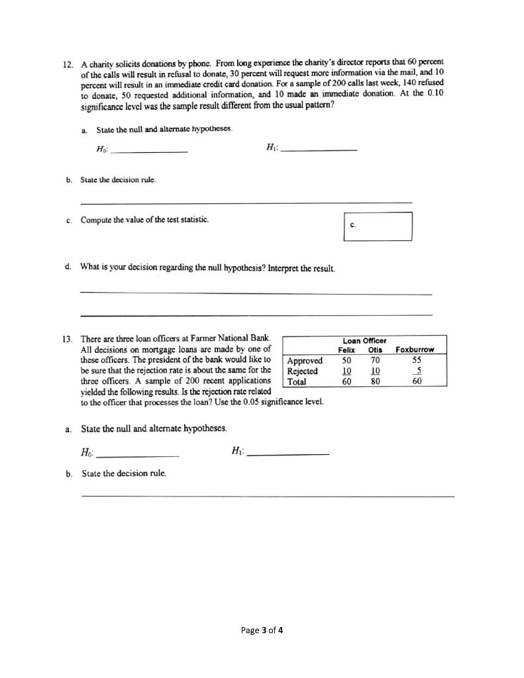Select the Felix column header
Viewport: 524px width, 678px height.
(x=346, y=350)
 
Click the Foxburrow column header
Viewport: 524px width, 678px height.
(x=415, y=350)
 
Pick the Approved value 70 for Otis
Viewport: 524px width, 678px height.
(x=375, y=361)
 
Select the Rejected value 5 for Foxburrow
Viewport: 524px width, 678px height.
(x=415, y=371)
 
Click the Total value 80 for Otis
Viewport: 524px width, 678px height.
(x=375, y=381)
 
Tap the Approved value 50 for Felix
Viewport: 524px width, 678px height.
(x=346, y=361)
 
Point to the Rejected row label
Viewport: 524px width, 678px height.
(x=303, y=371)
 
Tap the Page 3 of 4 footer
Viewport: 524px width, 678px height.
(x=262, y=630)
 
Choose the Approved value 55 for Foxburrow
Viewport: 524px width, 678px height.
(x=415, y=361)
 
